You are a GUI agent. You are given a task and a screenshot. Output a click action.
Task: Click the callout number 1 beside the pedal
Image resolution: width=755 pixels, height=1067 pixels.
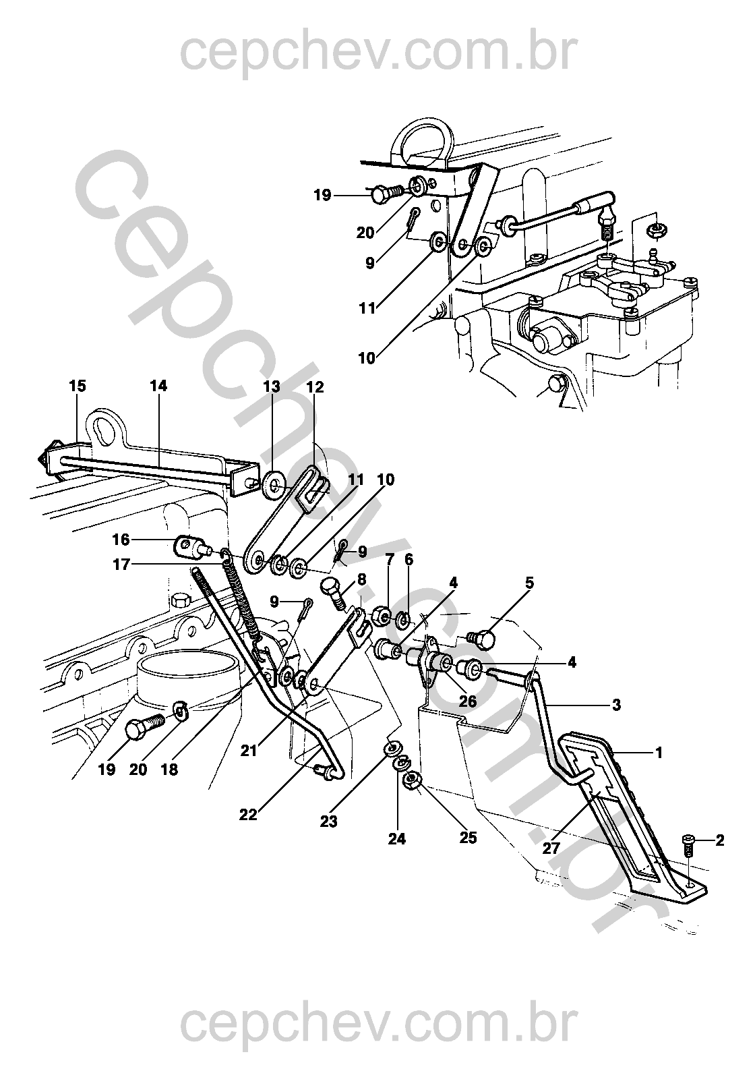coord(659,753)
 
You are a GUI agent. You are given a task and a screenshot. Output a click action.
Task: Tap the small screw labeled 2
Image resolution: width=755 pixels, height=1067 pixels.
coord(689,842)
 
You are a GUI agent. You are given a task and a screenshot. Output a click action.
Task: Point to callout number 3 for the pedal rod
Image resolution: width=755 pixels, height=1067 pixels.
coord(617,705)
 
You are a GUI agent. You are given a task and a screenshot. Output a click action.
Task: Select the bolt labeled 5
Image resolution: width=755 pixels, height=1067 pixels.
coord(480,637)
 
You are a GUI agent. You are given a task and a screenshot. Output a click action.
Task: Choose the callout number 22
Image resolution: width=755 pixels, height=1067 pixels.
coord(248,815)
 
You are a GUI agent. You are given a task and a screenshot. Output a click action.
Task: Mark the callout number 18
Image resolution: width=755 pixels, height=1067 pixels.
coord(169,770)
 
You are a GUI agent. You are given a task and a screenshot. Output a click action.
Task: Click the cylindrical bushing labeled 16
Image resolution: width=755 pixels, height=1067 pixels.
coord(188,546)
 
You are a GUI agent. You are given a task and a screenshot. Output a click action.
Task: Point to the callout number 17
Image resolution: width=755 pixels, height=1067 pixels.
coord(121,565)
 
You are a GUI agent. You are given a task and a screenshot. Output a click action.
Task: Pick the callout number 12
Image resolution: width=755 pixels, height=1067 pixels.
coord(315,386)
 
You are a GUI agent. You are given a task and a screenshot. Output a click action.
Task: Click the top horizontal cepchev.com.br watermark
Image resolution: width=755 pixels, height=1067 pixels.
coord(379,53)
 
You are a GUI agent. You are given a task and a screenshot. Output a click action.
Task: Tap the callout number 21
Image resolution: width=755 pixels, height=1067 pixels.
coord(248,751)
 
